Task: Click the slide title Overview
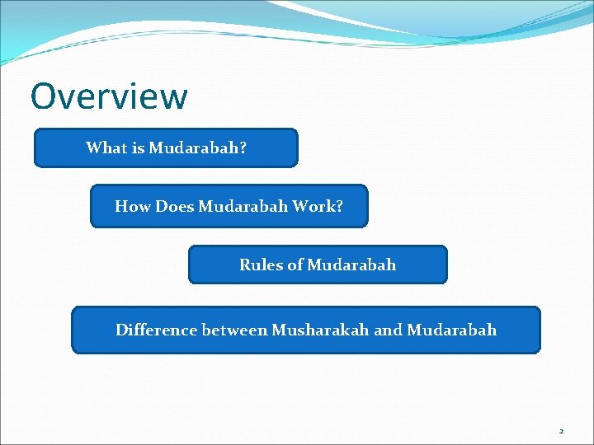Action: tap(109, 96)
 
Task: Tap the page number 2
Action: tap(561, 431)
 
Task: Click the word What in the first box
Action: tap(105, 148)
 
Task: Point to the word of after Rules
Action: tap(295, 265)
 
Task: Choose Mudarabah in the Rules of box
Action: tap(351, 265)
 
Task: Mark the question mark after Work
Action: tap(339, 207)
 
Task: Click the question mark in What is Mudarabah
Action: tap(243, 148)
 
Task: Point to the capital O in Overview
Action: tap(44, 96)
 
